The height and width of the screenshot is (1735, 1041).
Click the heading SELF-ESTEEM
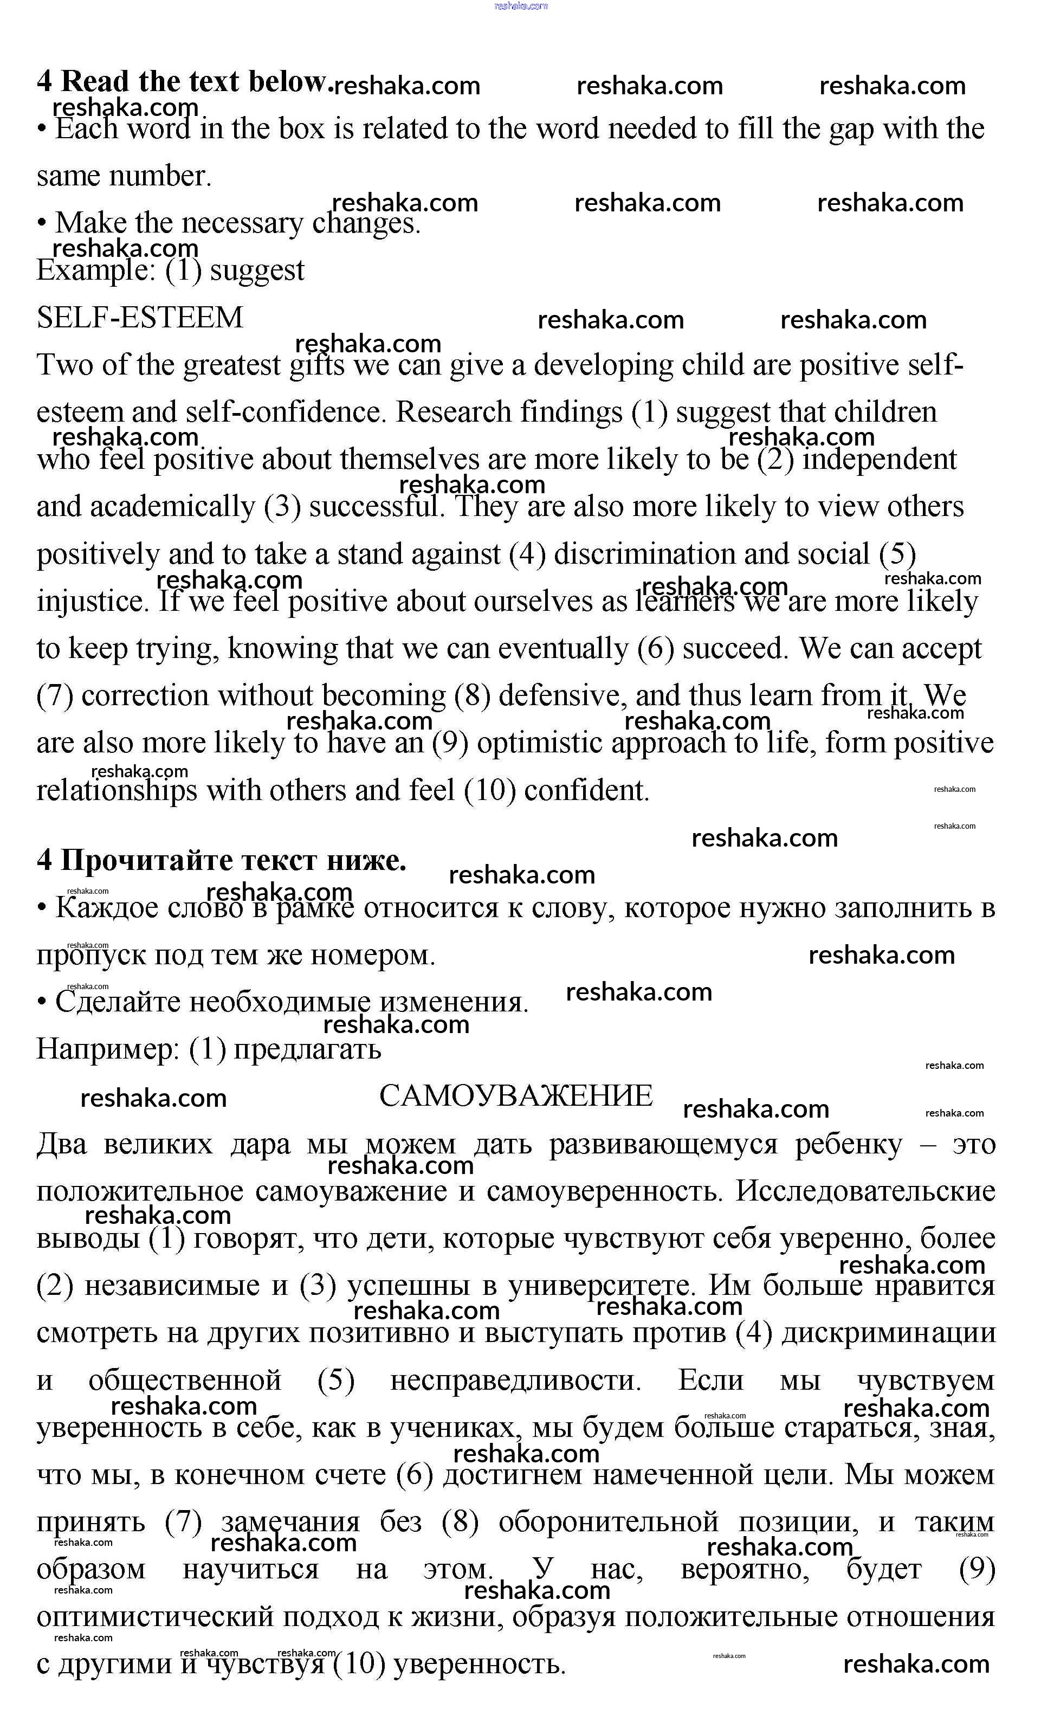click(x=140, y=318)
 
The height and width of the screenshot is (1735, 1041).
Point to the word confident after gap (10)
click(x=586, y=791)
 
